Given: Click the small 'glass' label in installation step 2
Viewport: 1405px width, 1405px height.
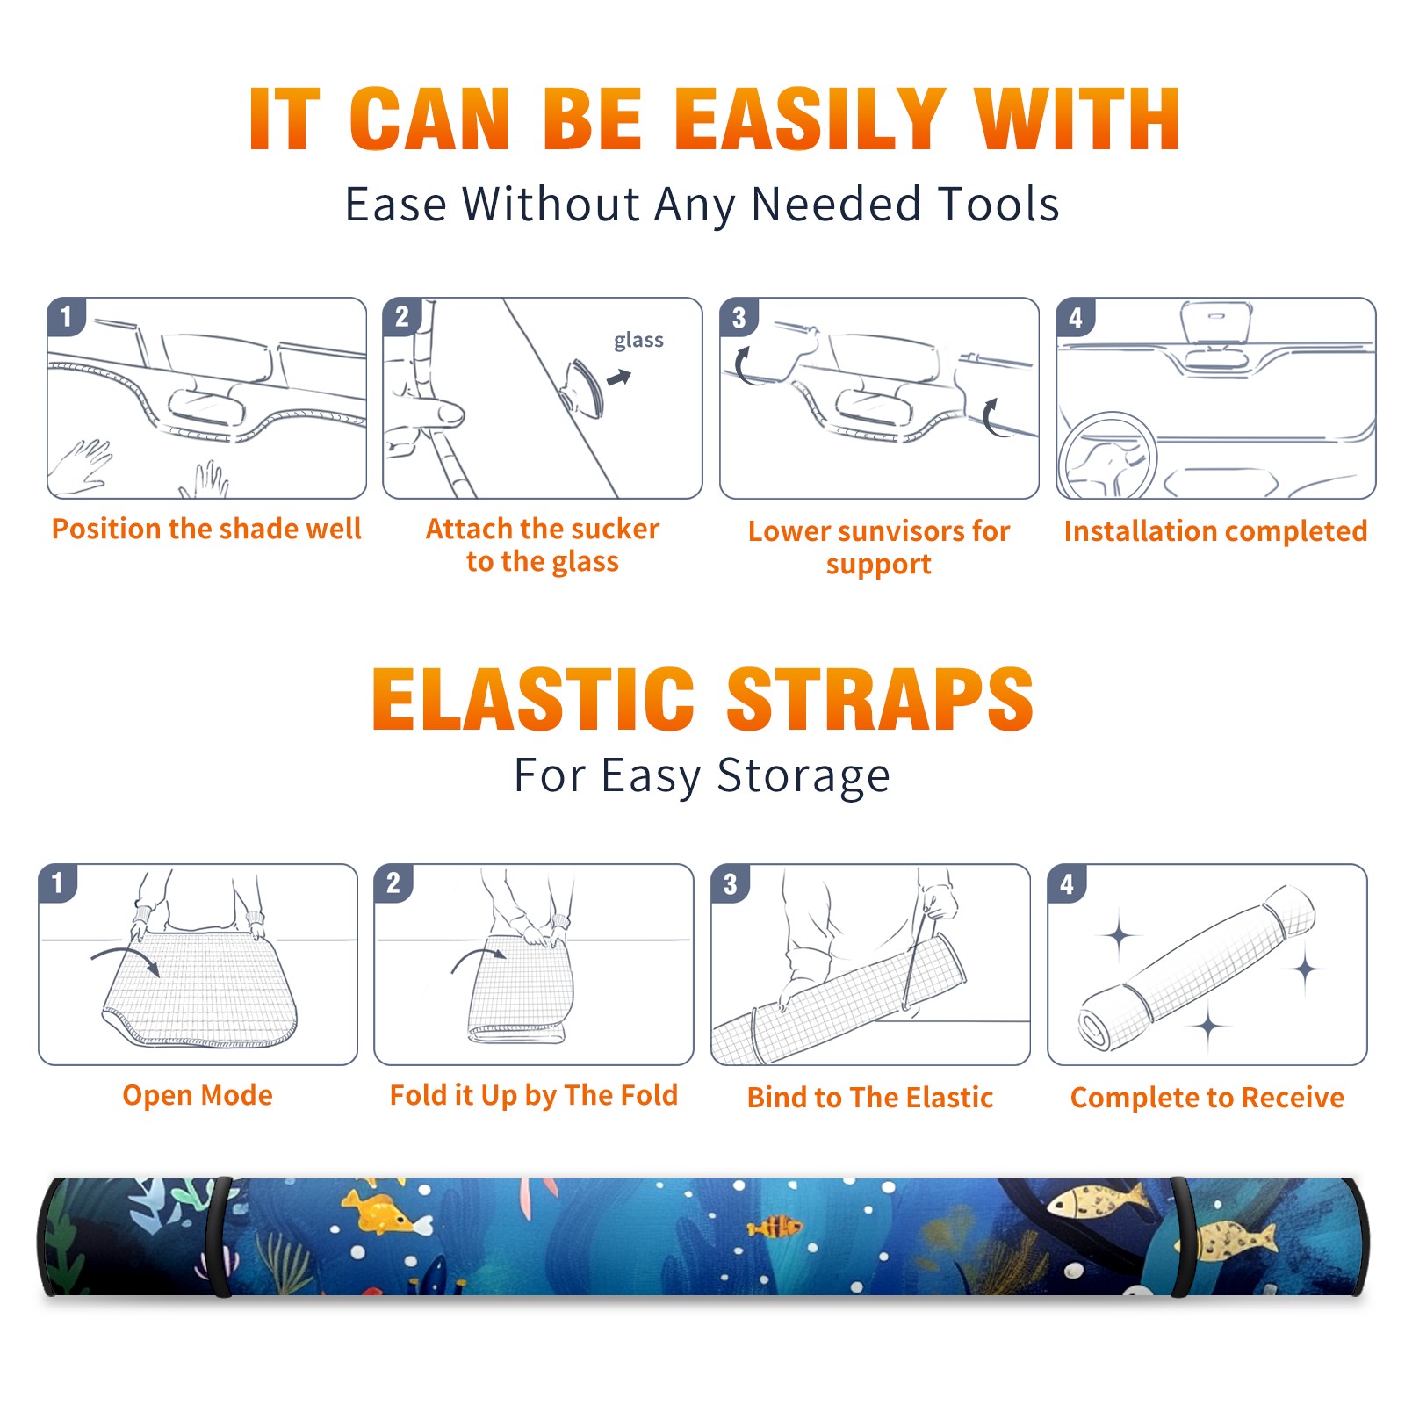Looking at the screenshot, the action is point(638,341).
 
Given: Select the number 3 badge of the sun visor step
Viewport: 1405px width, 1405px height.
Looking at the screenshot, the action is point(739,317).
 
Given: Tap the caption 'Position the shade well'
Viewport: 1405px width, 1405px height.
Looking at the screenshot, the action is point(206,529).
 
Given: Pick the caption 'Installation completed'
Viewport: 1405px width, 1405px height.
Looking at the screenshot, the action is point(1215,531).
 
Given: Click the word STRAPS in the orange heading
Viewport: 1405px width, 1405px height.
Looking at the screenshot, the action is point(880,699).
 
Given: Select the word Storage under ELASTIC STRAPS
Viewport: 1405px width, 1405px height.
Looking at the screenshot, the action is point(803,777).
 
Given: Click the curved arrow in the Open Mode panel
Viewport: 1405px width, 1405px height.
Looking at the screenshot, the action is point(126,959).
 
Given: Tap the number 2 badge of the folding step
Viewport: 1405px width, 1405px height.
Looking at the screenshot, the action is point(393,883).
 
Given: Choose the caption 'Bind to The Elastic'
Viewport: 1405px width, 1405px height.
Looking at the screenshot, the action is point(869,1098).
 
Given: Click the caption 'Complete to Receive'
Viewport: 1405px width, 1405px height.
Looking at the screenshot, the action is point(1207,1098).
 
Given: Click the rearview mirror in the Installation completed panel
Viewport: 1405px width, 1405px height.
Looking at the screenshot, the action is point(1216,322).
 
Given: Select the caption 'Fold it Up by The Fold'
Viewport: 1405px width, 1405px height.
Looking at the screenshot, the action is point(534,1095).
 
